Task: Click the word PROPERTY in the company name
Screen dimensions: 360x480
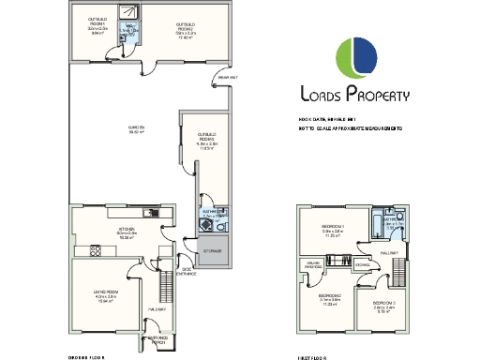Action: click(378, 94)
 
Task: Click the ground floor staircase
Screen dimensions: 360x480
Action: click(169, 281)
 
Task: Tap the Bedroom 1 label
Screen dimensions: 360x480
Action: click(335, 232)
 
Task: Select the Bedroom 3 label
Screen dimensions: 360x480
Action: click(385, 307)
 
